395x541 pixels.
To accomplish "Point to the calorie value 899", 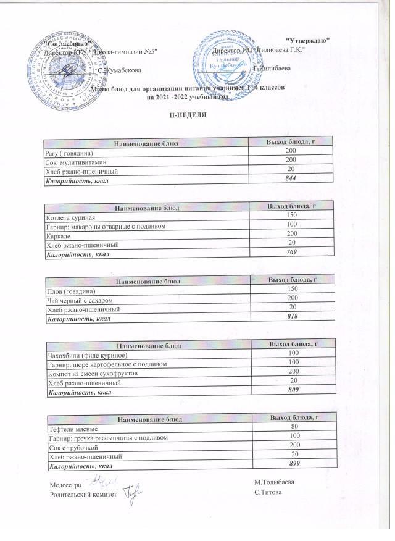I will pyautogui.click(x=293, y=465).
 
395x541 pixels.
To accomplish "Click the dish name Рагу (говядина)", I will pyautogui.click(x=68, y=153).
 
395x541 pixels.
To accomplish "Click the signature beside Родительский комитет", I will pyautogui.click(x=131, y=492).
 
